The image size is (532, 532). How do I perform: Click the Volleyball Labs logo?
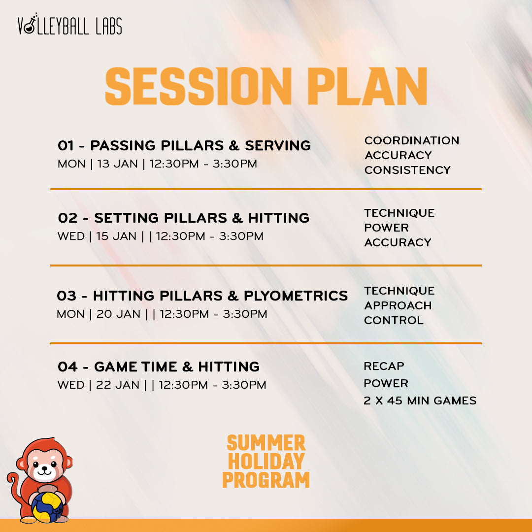click(x=69, y=26)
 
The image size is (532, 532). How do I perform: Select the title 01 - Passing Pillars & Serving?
click(x=184, y=146)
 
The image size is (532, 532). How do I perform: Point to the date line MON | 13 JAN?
click(x=157, y=164)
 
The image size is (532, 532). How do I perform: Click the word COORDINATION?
click(x=411, y=140)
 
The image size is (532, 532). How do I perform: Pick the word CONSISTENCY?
click(x=407, y=170)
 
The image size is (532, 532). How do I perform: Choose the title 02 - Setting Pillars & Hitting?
click(x=184, y=218)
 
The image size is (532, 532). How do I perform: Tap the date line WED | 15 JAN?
click(x=160, y=236)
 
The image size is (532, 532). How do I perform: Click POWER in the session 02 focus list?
click(x=386, y=228)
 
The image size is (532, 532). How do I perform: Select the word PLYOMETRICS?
click(x=296, y=296)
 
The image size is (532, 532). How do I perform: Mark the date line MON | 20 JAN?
click(x=162, y=314)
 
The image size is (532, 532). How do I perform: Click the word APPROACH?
click(x=398, y=305)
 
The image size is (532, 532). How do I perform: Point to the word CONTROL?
click(x=394, y=320)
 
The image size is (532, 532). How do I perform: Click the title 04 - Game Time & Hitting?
click(x=159, y=367)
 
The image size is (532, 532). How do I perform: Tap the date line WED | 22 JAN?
click(x=162, y=385)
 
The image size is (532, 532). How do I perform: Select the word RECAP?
click(x=384, y=366)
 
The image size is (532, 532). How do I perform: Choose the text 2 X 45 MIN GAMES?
click(x=420, y=401)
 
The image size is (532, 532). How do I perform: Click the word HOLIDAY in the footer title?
click(x=266, y=462)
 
